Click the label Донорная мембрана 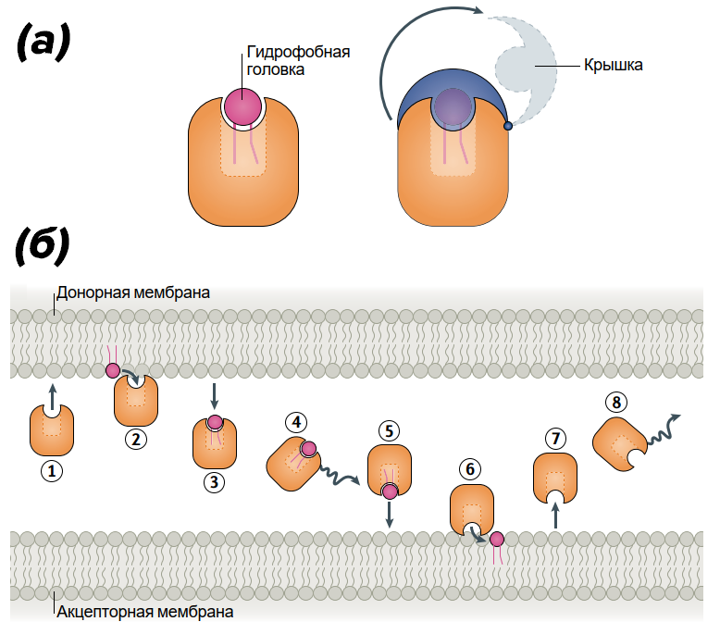[133, 292]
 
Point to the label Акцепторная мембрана [144, 611]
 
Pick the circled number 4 [296, 422]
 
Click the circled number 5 [389, 431]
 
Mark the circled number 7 [554, 437]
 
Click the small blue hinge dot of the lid [507, 126]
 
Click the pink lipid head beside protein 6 [497, 539]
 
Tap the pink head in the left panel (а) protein [243, 106]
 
